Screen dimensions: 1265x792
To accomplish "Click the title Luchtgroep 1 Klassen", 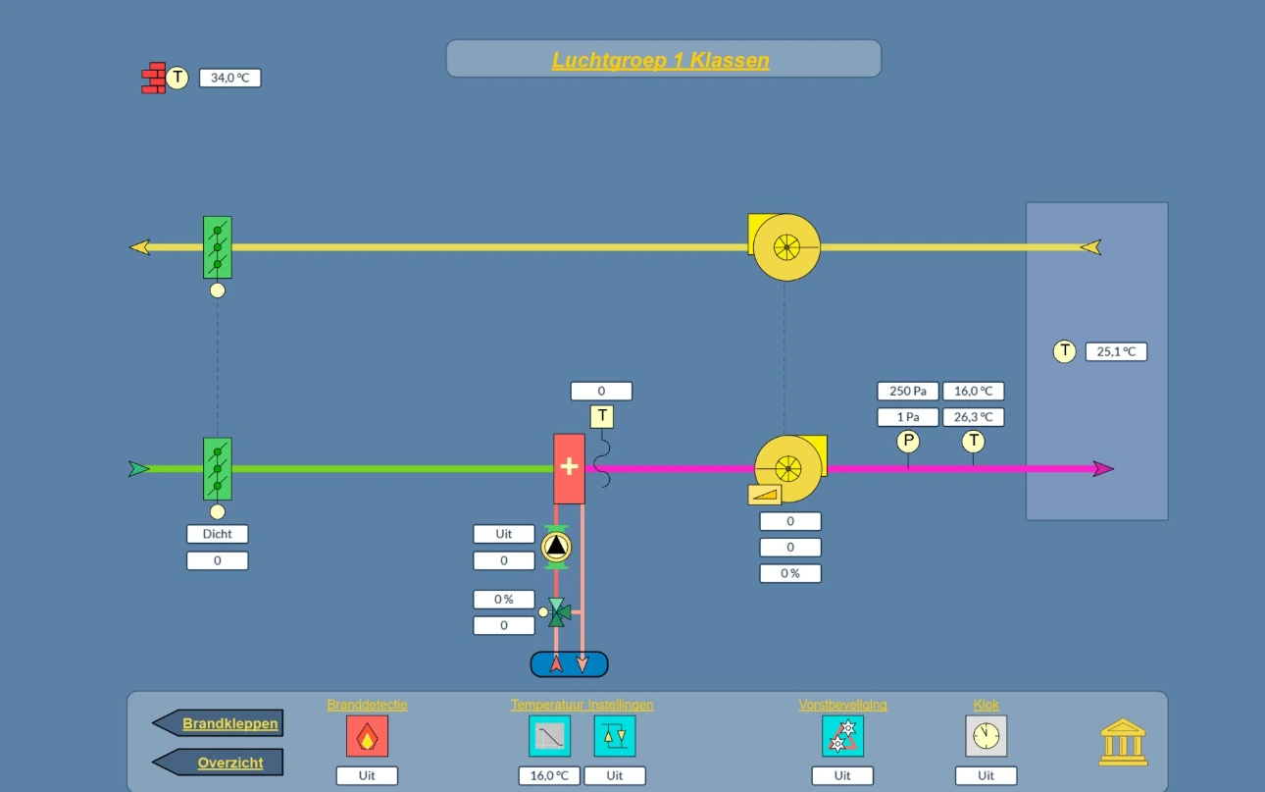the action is (660, 60).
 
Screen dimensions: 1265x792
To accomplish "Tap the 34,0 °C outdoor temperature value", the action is (229, 78).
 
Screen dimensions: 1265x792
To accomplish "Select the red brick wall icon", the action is (154, 78).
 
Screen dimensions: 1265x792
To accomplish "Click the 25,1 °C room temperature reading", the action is (1116, 351).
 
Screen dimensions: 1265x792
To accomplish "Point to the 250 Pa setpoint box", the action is (907, 391).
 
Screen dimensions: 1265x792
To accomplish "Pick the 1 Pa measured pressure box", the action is (907, 417).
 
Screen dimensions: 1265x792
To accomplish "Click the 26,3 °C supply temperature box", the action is (973, 417).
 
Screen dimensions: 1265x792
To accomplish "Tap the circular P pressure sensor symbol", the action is (908, 441).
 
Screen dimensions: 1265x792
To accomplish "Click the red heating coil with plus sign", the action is (569, 468).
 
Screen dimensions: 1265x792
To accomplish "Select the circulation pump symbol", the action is (556, 547).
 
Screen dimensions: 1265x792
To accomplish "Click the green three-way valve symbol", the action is (559, 612).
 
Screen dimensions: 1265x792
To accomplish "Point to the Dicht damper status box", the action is (218, 534).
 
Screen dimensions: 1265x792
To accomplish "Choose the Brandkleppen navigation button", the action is (218, 723).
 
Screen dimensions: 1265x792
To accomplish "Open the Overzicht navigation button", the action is (218, 763).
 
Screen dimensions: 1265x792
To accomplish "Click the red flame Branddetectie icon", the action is (367, 736).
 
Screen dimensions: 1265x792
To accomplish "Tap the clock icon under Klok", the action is (987, 736).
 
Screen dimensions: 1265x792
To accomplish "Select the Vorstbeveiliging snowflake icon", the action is (842, 736).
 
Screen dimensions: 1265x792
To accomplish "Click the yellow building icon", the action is (1123, 742).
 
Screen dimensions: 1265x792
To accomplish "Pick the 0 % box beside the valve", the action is (504, 600).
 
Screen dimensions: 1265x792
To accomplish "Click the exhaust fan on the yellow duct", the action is (784, 247).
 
